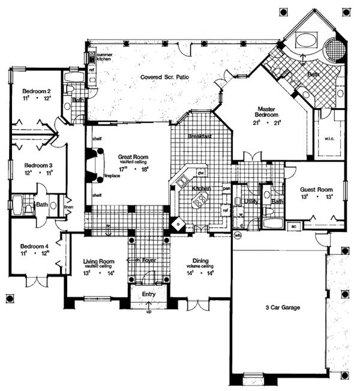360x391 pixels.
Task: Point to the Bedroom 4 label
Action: [31, 246]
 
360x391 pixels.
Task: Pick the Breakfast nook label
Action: [199, 136]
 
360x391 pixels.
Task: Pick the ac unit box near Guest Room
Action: [294, 227]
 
